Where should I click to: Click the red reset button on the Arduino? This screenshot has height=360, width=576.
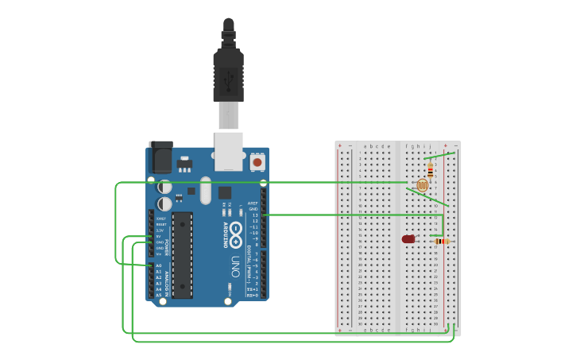point(257,162)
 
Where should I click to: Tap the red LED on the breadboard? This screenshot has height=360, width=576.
point(408,239)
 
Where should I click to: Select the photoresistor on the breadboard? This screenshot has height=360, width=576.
point(422,185)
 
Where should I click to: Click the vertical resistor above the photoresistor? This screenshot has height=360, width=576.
point(431,170)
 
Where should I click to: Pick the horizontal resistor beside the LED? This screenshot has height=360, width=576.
point(443,241)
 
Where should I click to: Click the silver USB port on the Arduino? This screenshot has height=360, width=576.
point(229,151)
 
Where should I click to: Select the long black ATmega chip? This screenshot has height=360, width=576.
point(182,254)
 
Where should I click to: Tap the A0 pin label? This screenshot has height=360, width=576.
point(158,265)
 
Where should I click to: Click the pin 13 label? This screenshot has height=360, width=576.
point(255,215)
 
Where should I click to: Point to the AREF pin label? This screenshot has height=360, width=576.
point(253,203)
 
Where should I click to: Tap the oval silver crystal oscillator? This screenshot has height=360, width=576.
point(206,191)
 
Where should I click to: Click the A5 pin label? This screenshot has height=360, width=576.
point(158,295)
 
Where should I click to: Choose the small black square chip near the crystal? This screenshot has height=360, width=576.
point(225,192)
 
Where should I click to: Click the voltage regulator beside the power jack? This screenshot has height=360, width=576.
point(186,165)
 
